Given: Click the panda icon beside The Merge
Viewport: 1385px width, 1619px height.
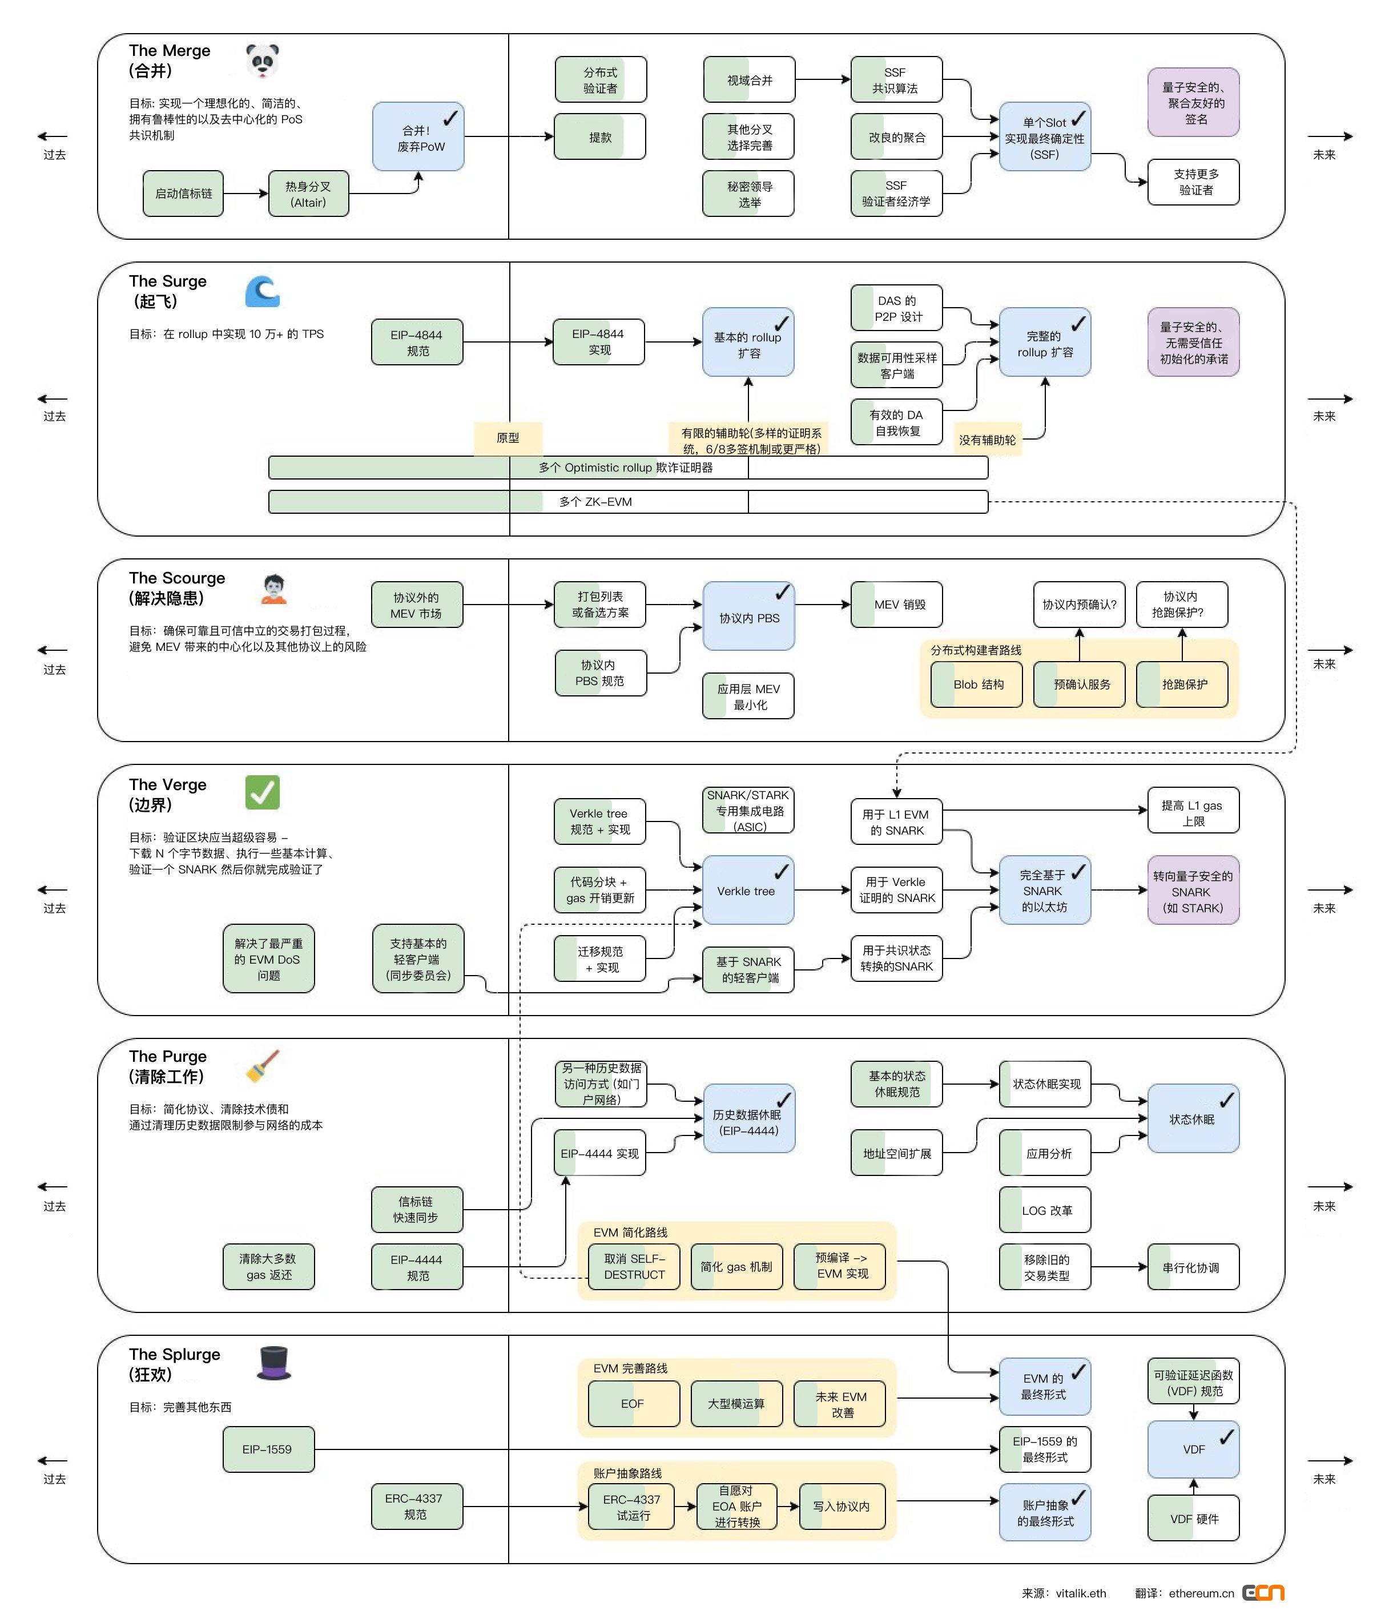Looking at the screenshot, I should point(262,61).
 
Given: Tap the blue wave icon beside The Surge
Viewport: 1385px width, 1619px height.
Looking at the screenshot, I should point(262,292).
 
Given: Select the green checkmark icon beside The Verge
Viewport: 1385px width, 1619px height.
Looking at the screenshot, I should point(262,792).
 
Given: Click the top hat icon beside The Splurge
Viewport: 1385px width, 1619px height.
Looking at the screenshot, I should point(273,1363).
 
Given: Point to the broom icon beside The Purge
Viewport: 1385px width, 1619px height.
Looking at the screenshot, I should point(263,1066).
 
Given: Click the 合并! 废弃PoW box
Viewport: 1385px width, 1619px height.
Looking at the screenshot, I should point(418,137).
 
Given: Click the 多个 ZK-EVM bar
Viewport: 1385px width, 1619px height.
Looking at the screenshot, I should point(627,502).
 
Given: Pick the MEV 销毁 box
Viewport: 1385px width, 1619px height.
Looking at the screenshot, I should point(896,604).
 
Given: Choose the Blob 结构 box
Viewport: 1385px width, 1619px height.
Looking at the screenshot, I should point(976,684).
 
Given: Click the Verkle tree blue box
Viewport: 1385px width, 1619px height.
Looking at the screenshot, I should point(748,890).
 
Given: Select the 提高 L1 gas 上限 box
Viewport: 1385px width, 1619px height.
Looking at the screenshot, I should point(1193,812).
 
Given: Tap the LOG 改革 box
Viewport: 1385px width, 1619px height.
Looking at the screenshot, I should point(1045,1210).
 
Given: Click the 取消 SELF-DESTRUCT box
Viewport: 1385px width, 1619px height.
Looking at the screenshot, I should point(634,1267).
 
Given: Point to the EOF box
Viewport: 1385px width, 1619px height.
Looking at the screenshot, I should point(633,1403).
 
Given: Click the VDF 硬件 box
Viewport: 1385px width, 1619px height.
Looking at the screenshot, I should point(1193,1518).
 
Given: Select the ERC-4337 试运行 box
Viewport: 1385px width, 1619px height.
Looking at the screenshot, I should point(633,1507).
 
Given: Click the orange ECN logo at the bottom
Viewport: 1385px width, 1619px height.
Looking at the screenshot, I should point(1263,1592).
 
